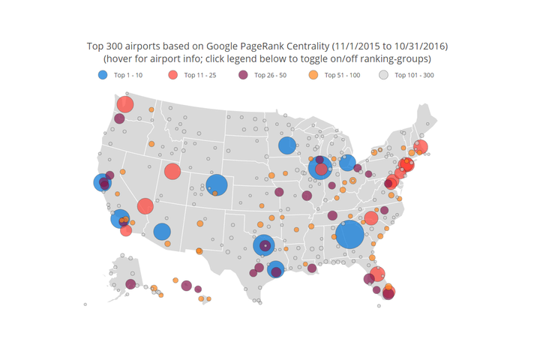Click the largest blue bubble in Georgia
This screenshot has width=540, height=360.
349,235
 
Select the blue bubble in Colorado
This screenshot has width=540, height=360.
217,185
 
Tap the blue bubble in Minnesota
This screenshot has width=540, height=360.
286,146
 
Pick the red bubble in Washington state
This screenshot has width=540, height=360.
125,105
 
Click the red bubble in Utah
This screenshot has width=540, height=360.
172,172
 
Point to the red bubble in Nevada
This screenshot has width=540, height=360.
145,206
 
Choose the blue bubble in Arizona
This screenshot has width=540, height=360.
162,231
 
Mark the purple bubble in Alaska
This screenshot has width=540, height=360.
130,284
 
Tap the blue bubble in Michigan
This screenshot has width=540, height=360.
346,163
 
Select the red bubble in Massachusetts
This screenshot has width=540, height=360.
421,147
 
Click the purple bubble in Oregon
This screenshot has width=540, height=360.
119,118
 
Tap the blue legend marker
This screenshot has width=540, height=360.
102,75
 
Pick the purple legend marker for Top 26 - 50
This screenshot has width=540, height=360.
243,75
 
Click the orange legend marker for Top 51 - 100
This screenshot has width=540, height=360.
313,75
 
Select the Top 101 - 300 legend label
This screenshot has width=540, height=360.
414,75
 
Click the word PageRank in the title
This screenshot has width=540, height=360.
257,46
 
